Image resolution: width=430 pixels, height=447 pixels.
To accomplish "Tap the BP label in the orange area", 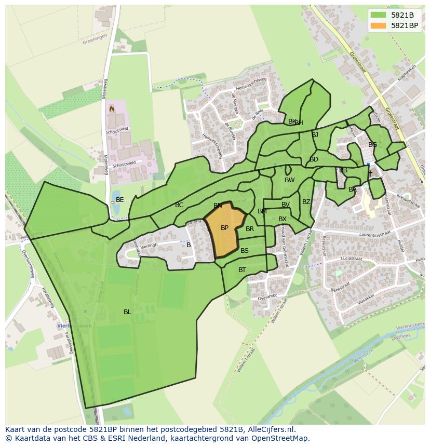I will (x=224, y=228).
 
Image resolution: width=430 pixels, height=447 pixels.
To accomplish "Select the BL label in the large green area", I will (x=127, y=312).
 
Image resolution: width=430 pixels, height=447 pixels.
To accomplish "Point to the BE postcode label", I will (x=120, y=200).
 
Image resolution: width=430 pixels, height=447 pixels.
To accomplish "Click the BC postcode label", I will (x=179, y=206).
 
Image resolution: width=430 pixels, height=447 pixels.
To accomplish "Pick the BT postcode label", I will (x=242, y=270).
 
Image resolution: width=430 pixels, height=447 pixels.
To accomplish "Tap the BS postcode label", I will (x=245, y=251).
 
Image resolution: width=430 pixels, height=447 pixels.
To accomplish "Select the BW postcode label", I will (x=289, y=180).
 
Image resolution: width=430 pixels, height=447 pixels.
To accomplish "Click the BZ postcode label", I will (x=306, y=202).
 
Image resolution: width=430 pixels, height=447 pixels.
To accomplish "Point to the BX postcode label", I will (x=283, y=219).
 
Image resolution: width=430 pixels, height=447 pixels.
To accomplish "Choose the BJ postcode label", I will (x=315, y=135).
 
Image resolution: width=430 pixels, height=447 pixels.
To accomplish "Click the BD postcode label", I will (x=314, y=159).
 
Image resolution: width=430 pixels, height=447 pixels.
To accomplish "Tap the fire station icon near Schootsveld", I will (x=111, y=109).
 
